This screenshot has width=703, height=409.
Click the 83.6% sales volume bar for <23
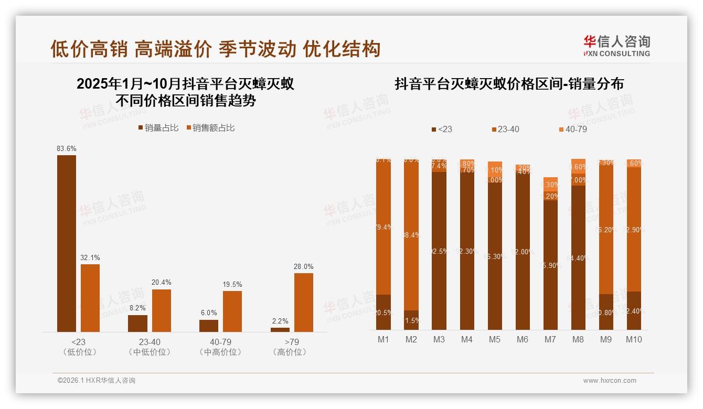pyautogui.click(x=67, y=243)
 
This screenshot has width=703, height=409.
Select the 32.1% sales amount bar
pyautogui.click(x=90, y=298)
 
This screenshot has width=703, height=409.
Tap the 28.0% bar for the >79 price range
pyautogui.click(x=304, y=302)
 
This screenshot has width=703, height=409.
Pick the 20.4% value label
pyautogui.click(x=162, y=283)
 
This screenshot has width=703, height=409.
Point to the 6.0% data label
pyautogui.click(x=208, y=313)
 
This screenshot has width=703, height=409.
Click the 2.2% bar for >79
pyautogui.click(x=280, y=329)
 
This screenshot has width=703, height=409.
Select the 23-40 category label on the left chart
pyautogui.click(x=150, y=342)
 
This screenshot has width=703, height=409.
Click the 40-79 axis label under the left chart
pyautogui.click(x=221, y=342)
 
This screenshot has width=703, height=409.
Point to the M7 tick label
pyautogui.click(x=550, y=339)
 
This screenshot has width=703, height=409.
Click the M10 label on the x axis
pyautogui.click(x=634, y=339)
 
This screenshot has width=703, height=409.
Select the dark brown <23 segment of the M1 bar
pyautogui.click(x=384, y=312)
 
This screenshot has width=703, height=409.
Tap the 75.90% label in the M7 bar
pyautogui.click(x=550, y=265)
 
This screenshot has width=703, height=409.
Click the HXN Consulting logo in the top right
pyautogui.click(x=616, y=46)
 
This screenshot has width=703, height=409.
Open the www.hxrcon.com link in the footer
pyautogui.click(x=610, y=381)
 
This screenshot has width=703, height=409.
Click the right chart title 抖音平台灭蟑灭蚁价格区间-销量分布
pyautogui.click(x=509, y=84)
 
